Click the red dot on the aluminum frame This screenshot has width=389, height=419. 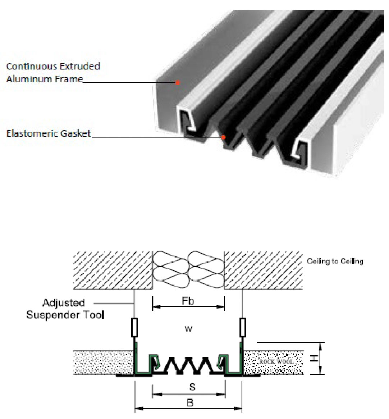coord(178,82)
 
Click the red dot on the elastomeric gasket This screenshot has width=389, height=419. coord(223,137)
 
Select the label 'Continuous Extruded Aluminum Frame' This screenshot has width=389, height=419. coord(53,72)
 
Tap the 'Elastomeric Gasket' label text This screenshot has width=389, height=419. coord(49,133)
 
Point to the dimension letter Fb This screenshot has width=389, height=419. coord(188,301)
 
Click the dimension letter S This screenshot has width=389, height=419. coord(192,387)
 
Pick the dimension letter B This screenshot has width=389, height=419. coord(190,403)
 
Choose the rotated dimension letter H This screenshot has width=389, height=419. coord(314,359)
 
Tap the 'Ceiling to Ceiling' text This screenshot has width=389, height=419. coord(335,261)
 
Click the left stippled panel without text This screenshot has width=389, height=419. coord(104,362)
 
